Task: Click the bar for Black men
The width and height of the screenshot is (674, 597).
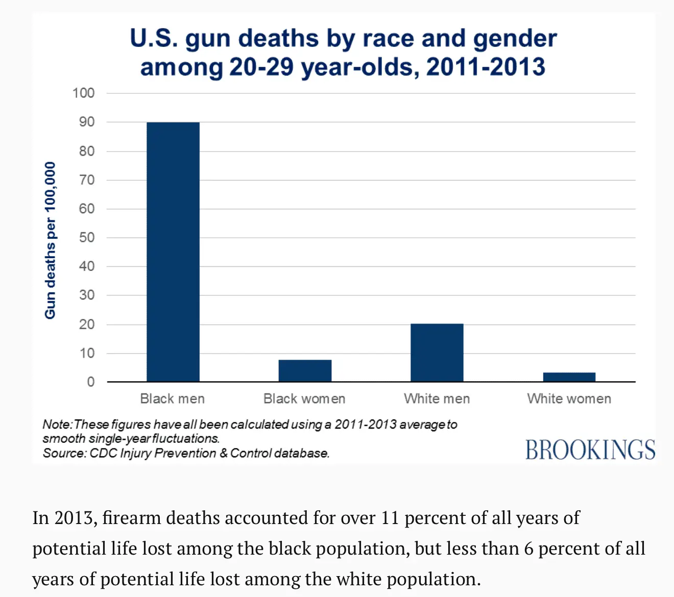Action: [173, 252]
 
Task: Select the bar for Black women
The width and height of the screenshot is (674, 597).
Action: [305, 370]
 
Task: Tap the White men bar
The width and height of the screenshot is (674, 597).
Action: [437, 353]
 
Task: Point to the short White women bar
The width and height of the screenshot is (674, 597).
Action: [569, 377]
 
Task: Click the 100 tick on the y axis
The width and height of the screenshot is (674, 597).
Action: [84, 93]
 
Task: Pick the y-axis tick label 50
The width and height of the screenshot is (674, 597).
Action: [87, 237]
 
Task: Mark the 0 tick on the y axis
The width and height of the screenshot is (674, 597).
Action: [90, 382]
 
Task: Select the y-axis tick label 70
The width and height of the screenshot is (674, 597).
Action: [87, 180]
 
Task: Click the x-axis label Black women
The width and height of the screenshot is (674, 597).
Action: [304, 399]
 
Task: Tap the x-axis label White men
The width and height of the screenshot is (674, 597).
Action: [437, 399]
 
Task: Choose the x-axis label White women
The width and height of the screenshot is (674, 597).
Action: [569, 399]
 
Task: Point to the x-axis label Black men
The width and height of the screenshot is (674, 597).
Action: [173, 399]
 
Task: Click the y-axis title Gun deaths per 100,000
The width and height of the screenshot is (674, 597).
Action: [50, 240]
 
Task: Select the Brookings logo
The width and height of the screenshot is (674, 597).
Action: [590, 450]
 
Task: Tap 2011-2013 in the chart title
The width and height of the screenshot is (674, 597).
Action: [486, 67]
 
